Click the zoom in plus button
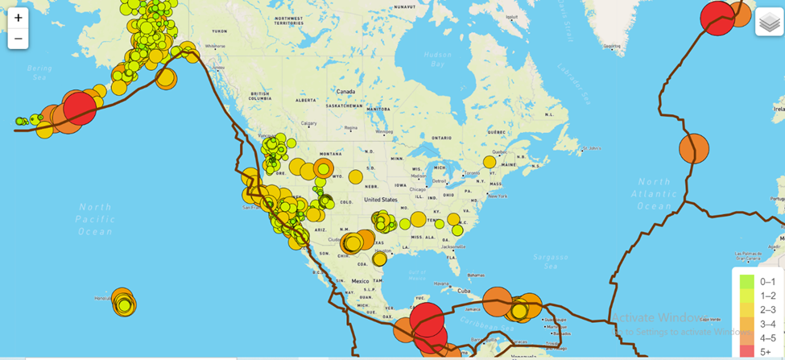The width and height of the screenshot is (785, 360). click(x=19, y=18)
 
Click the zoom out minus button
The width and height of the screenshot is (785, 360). click(x=19, y=39)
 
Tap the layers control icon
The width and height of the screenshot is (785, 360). click(x=769, y=23)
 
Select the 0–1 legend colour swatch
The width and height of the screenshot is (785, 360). click(x=747, y=282)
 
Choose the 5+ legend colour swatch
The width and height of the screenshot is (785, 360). click(x=747, y=352)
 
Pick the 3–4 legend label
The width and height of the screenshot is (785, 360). click(x=767, y=324)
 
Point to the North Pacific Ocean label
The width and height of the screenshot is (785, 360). click(x=95, y=219)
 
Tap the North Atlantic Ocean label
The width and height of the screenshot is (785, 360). click(x=655, y=194)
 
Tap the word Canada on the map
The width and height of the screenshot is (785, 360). click(x=345, y=92)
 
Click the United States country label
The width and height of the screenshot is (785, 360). click(x=381, y=199)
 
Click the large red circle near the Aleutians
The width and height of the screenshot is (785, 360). click(x=79, y=108)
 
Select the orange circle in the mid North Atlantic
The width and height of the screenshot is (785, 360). click(x=693, y=149)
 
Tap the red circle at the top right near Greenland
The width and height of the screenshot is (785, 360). click(x=717, y=18)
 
